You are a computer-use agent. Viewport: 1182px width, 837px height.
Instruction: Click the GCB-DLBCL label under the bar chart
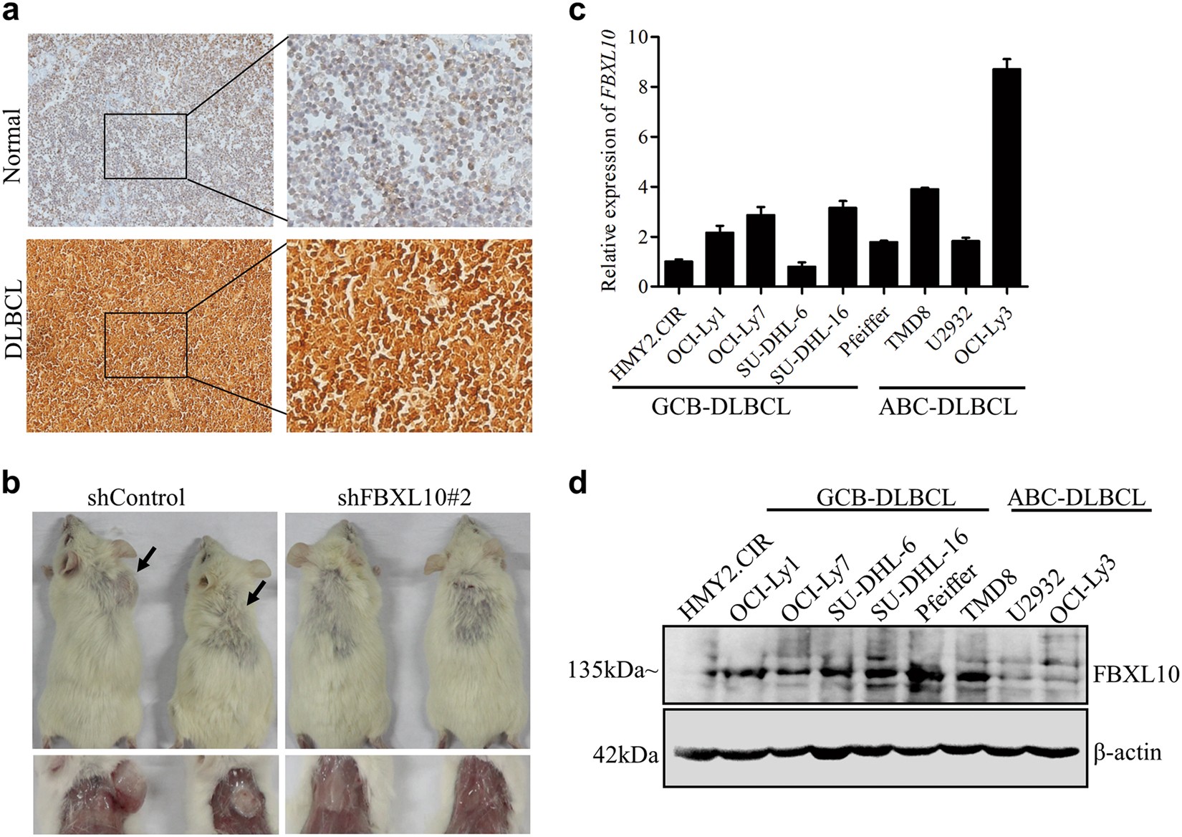tap(721, 408)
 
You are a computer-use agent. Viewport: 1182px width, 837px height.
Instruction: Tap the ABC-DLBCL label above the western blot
tap(1078, 497)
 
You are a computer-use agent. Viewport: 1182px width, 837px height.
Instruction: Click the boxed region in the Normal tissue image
tap(145, 145)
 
